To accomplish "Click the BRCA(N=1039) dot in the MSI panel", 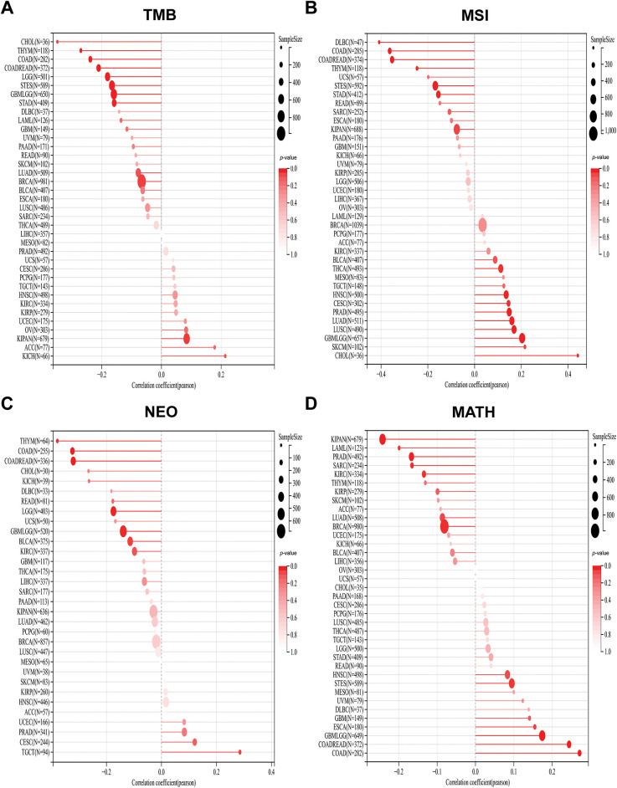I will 482,225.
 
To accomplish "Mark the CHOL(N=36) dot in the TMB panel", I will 57,41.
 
